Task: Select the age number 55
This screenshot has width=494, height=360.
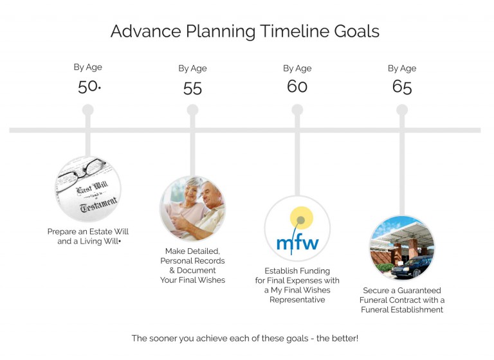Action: click(x=192, y=88)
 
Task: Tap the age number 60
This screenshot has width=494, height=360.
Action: click(x=297, y=86)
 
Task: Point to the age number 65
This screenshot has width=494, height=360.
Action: click(x=402, y=87)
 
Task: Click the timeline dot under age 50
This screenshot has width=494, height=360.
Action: click(x=88, y=111)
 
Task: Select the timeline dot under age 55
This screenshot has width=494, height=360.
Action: click(x=192, y=111)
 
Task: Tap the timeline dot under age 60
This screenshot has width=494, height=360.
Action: click(x=297, y=111)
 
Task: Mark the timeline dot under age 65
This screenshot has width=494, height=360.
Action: click(x=402, y=111)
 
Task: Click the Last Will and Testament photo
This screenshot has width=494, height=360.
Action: click(x=88, y=189)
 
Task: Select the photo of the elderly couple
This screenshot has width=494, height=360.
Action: click(x=192, y=208)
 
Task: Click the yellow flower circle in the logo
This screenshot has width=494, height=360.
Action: click(x=300, y=219)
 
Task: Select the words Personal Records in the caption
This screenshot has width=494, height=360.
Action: click(x=192, y=261)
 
